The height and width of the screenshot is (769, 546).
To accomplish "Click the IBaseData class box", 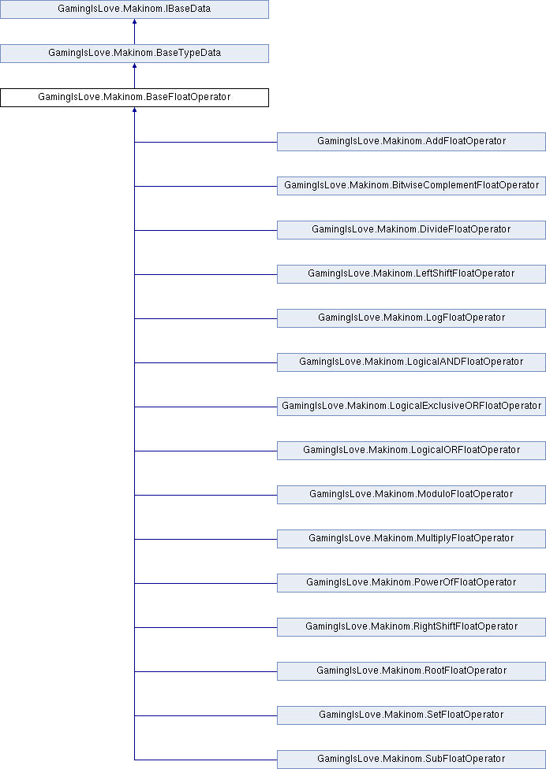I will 134,9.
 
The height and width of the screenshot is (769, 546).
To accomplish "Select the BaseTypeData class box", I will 134,54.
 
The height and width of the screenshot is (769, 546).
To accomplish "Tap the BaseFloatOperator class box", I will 134,98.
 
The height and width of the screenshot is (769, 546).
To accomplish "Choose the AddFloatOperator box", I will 411,142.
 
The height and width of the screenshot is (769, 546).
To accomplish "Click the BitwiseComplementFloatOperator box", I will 411,186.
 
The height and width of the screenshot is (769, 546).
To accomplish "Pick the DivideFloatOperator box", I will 411,230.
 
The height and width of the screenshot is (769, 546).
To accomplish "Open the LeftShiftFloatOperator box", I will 411,274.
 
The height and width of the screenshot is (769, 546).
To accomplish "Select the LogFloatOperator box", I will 411,318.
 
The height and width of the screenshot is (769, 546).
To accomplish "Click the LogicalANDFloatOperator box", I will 411,362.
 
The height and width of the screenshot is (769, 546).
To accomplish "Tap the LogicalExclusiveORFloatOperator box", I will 411,407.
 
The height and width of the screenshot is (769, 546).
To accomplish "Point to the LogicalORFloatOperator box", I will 411,451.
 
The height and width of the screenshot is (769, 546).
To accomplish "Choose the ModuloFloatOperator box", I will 411,495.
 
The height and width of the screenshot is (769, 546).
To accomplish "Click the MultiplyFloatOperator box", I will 411,539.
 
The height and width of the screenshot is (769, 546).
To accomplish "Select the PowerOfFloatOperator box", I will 411,583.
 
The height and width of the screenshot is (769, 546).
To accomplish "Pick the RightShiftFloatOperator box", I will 411,627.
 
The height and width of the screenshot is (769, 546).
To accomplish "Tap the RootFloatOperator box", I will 411,671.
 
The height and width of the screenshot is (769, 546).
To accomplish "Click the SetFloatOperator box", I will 411,715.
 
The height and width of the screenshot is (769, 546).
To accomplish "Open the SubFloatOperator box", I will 411,760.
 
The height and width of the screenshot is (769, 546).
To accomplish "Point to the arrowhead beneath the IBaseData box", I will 134,23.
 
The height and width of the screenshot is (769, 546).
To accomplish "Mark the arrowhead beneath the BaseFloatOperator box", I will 134,111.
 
